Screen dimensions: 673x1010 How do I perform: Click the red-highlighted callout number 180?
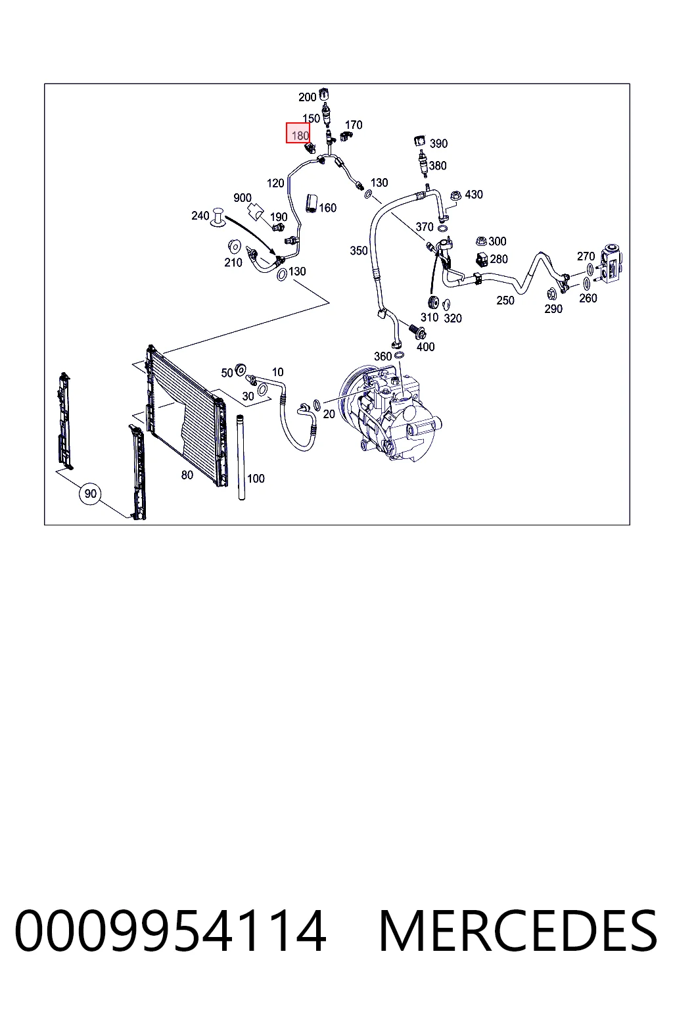[298, 133]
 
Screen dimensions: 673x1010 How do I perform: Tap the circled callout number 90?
[90, 493]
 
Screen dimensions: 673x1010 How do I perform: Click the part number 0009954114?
[170, 930]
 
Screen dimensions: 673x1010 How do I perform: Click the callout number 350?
[359, 251]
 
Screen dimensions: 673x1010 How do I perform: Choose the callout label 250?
[505, 301]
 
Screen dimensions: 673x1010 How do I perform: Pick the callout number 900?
[243, 197]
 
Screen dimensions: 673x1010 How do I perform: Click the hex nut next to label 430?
[455, 196]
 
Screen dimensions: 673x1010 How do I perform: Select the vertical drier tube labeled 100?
[241, 457]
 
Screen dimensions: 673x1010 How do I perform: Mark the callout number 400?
[425, 347]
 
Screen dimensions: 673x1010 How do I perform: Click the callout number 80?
[187, 474]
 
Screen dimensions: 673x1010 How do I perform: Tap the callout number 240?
[200, 216]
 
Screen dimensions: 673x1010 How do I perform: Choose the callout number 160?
[328, 207]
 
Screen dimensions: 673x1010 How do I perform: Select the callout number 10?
[277, 372]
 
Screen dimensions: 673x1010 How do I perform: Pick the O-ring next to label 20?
[317, 405]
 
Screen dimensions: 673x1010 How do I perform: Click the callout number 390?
[438, 143]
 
